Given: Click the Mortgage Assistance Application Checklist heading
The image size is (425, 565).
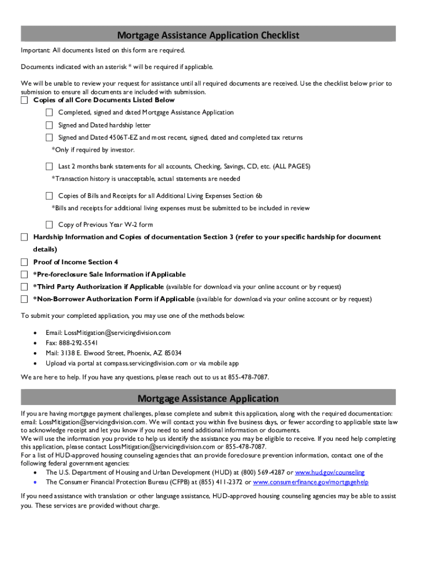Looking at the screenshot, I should coord(208,35).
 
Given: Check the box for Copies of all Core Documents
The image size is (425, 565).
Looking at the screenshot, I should coord(24,100).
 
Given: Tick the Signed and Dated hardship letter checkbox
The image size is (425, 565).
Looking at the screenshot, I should coord(49,125).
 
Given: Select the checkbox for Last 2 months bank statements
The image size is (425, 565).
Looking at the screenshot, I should coord(49,166).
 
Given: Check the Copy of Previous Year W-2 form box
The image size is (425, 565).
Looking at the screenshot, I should coord(49,225).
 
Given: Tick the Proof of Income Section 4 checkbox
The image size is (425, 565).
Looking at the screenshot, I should coord(24,262).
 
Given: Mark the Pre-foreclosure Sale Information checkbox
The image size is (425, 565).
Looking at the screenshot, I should coord(24,275).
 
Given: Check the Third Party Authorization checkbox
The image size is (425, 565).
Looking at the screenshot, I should coord(24,287).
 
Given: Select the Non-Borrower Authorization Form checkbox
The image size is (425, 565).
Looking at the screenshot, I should coord(24,300).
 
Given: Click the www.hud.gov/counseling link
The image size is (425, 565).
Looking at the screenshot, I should coord(330,473).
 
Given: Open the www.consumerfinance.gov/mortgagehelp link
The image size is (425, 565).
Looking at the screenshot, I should coord(310,482).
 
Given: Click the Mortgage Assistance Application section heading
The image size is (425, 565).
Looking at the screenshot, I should coord(208,398).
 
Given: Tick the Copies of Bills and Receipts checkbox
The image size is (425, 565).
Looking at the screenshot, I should coord(49,196).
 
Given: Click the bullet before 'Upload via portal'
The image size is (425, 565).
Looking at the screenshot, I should coord(35,364).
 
